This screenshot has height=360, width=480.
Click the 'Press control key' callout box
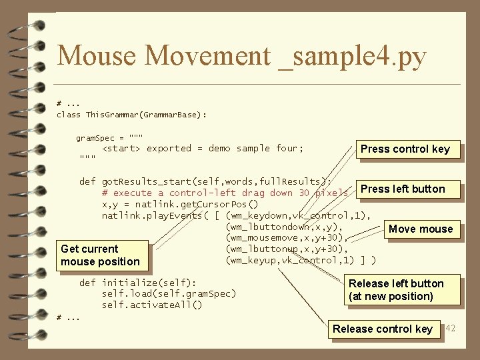click(405, 149)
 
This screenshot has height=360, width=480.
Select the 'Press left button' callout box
click(403, 189)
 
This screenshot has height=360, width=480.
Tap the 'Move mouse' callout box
click(421, 229)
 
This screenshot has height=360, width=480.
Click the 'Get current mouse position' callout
click(100, 255)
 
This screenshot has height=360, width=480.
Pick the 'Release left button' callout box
click(396, 290)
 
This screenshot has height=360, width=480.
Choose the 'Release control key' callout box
click(383, 329)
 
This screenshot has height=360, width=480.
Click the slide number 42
click(450, 328)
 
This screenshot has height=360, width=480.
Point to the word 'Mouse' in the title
click(96, 56)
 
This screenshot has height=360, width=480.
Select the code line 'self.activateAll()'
click(151, 305)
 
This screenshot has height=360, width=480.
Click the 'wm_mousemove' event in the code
click(261, 238)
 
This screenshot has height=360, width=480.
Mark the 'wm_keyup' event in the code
click(251, 260)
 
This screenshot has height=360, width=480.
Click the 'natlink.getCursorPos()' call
click(179, 204)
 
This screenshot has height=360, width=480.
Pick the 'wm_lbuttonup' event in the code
click(261, 249)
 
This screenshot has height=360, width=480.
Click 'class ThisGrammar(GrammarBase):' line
click(132, 115)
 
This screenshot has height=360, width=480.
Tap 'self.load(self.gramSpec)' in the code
click(169, 293)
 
